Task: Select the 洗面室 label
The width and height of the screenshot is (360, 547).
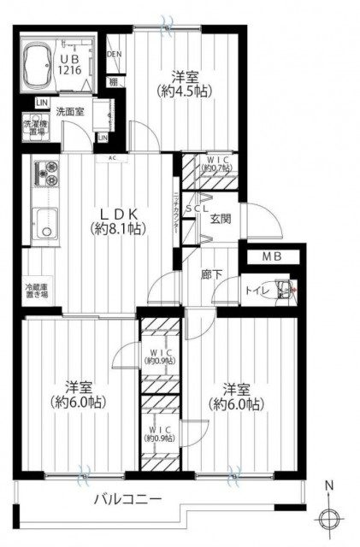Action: (70, 111)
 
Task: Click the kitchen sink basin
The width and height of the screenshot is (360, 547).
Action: (43, 226)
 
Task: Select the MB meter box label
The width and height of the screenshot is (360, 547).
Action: (273, 256)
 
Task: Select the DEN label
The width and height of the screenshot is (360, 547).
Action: (115, 55)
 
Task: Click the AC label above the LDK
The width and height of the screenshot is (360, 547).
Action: (111, 157)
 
